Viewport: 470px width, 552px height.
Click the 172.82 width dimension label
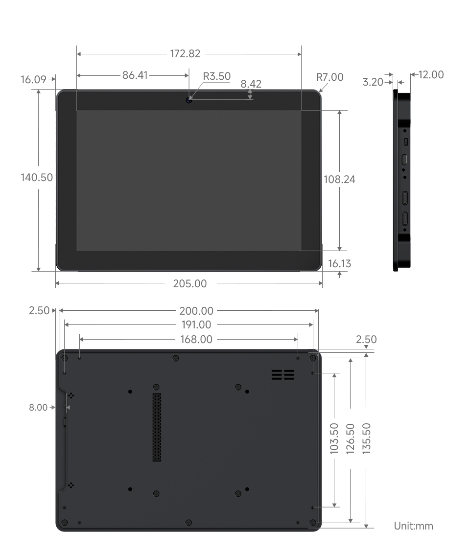[185, 54]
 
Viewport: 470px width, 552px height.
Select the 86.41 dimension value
[134, 75]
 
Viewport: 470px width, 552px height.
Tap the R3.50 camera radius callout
[216, 76]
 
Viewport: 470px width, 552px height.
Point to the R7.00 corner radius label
[329, 77]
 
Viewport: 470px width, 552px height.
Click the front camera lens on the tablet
[189, 100]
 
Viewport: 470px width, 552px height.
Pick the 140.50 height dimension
[36, 178]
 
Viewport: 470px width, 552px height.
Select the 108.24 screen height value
[339, 179]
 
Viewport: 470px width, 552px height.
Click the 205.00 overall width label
[190, 284]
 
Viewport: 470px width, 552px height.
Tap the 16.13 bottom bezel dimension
[339, 264]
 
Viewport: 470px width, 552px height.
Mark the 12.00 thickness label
[430, 74]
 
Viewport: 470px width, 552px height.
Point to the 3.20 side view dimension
[373, 82]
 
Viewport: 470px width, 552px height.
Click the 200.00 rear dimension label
[196, 310]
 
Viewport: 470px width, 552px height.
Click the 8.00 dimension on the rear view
[39, 407]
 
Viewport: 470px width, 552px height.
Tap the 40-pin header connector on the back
[156, 426]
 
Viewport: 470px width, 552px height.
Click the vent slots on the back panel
[282, 375]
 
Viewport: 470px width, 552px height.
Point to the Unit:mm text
[413, 526]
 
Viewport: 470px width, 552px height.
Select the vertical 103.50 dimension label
[334, 438]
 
